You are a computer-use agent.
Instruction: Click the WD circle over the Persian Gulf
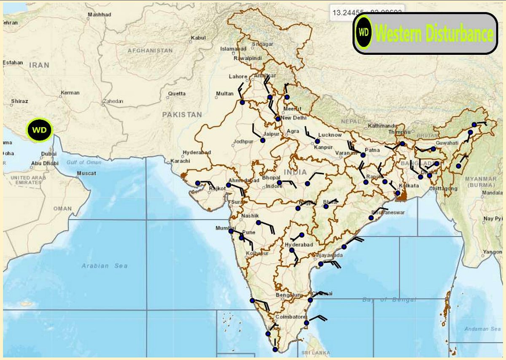(x=39, y=130)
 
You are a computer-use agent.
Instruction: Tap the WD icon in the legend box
(x=363, y=32)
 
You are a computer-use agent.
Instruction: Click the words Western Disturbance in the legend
(x=434, y=33)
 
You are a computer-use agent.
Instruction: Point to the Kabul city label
(x=198, y=38)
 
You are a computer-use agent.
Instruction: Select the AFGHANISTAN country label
(x=150, y=51)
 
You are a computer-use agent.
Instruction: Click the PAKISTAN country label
(x=182, y=114)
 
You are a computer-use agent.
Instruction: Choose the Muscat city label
(x=86, y=173)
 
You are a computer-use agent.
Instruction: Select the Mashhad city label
(x=100, y=14)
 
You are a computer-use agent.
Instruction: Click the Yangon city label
(x=493, y=252)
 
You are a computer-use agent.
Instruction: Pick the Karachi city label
(x=181, y=161)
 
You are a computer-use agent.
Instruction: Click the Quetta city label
(x=177, y=93)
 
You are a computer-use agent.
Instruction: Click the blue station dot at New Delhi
(x=278, y=119)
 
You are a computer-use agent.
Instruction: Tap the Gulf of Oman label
(x=84, y=162)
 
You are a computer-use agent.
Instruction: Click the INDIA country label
(x=295, y=172)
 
